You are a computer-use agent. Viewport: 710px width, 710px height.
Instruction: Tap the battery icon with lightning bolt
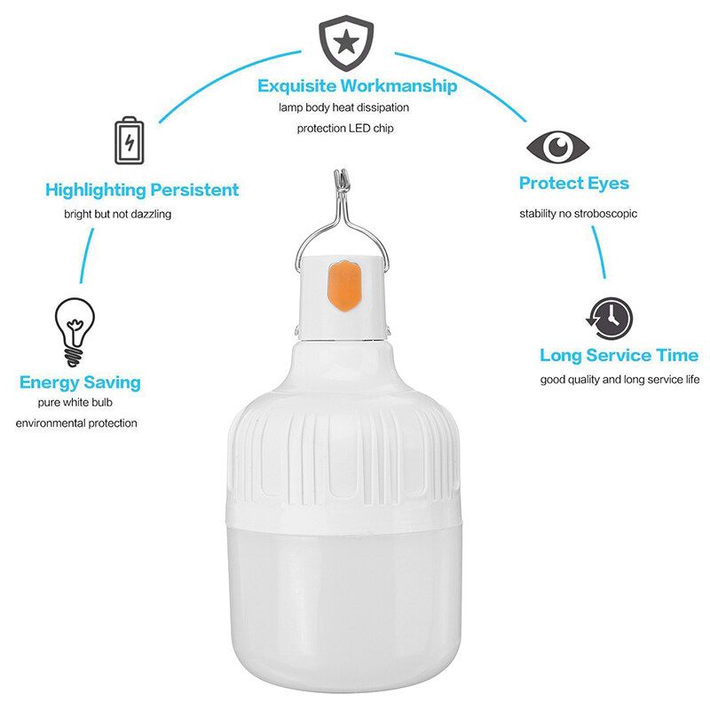[129, 140]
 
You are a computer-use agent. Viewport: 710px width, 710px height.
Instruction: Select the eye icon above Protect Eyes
[558, 147]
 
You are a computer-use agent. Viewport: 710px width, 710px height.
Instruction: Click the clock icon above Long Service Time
[610, 318]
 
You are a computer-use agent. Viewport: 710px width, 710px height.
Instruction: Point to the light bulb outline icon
[75, 331]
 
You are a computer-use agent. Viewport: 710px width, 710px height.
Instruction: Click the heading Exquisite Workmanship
[357, 85]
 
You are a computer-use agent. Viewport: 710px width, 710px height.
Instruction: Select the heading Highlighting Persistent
[142, 190]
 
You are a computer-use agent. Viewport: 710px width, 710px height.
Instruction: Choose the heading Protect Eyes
[573, 183]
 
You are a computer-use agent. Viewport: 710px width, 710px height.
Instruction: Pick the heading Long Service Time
[619, 355]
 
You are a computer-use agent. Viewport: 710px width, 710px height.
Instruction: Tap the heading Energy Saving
[80, 383]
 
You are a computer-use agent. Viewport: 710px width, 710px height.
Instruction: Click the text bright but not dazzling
[118, 214]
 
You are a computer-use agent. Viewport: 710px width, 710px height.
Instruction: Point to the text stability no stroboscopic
[579, 213]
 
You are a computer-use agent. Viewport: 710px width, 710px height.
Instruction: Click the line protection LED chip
[345, 128]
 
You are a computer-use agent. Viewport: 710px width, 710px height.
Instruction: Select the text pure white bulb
[75, 402]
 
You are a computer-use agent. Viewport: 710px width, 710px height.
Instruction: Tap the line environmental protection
[76, 423]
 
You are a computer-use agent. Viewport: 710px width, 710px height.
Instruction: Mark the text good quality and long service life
[619, 380]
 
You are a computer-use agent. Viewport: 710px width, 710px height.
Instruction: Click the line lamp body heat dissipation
[343, 107]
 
